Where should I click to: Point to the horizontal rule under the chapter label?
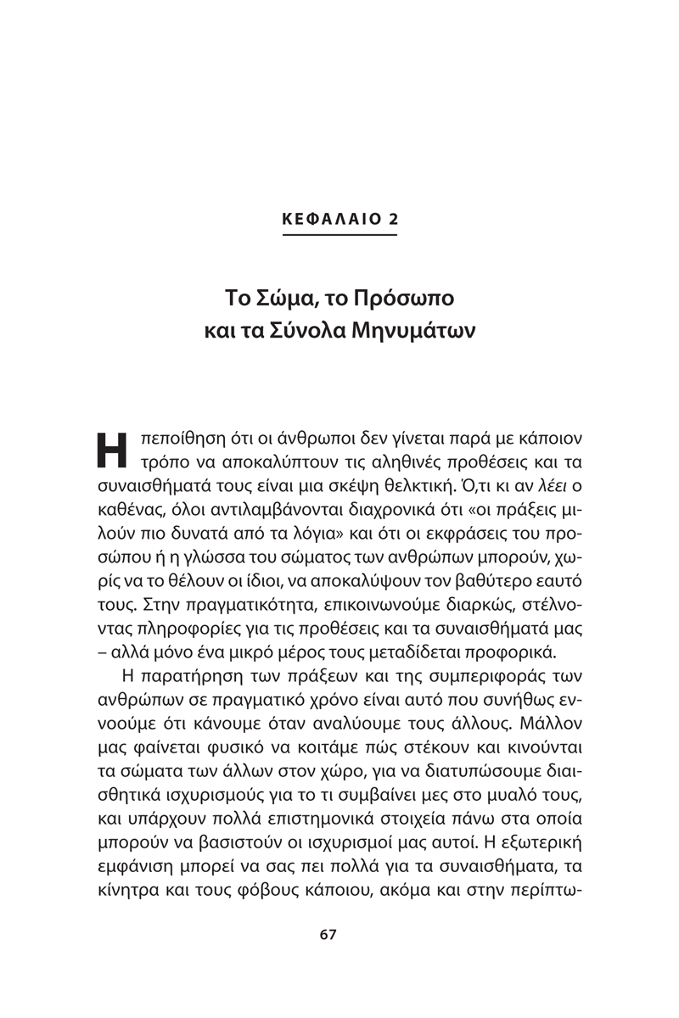[339, 235]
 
